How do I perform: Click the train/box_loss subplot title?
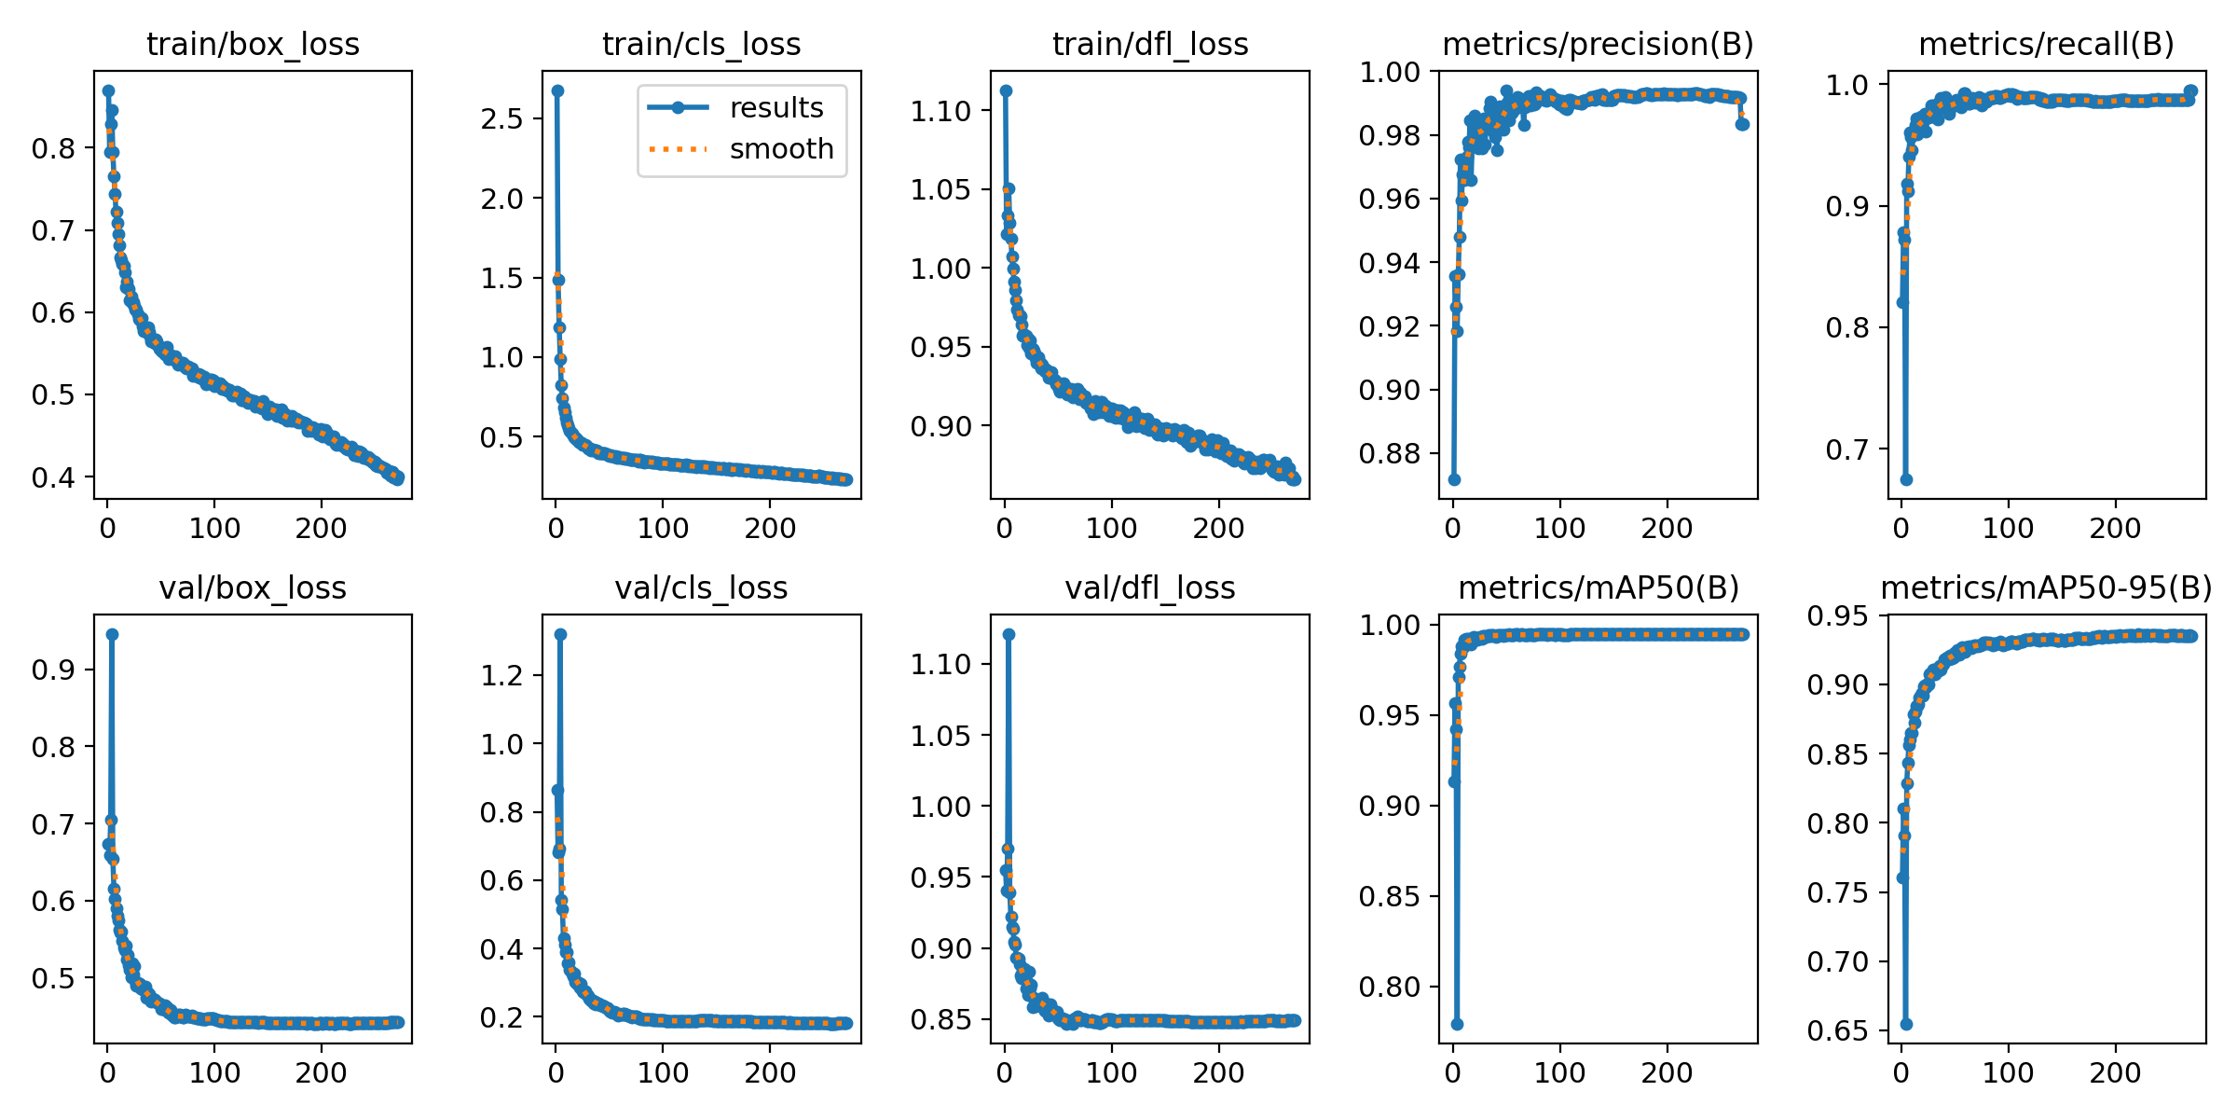(x=253, y=44)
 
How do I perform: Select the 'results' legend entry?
(x=776, y=108)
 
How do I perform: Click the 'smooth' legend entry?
(x=781, y=149)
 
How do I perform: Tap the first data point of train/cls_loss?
(x=557, y=90)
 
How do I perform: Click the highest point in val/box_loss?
(x=112, y=634)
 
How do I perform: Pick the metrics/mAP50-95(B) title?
(x=2046, y=587)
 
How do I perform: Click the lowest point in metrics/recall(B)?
(x=1906, y=479)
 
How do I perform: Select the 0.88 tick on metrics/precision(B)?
(x=1389, y=454)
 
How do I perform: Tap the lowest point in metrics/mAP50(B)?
(x=1457, y=1024)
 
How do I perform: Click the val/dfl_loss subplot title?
(x=1150, y=587)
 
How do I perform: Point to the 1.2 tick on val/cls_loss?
(x=502, y=676)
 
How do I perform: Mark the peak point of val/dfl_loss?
(x=1009, y=634)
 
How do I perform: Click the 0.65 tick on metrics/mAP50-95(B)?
(x=1838, y=1030)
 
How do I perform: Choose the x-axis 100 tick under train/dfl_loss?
(x=1111, y=529)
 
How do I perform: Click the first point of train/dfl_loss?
(x=1006, y=90)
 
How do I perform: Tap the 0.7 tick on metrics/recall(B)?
(x=1846, y=450)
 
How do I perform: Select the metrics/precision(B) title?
(x=1598, y=44)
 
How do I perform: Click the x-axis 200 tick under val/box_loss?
(x=321, y=1072)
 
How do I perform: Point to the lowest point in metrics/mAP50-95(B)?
(x=1906, y=1024)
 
